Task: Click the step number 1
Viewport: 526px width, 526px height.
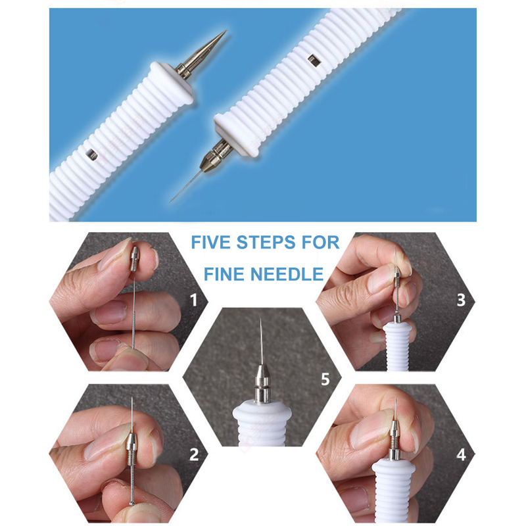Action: [193, 300]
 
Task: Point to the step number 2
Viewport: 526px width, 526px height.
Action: [194, 454]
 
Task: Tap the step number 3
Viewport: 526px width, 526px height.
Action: [462, 300]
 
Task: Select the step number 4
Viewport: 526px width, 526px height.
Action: [462, 454]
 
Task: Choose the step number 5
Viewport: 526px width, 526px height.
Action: [325, 379]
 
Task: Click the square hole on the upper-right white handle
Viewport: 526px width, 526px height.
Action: [314, 60]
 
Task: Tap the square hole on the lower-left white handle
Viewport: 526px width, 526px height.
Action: [91, 155]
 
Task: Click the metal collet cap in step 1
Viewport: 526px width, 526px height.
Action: [135, 258]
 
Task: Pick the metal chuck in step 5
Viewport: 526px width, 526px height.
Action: [261, 383]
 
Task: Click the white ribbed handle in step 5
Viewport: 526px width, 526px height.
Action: [262, 423]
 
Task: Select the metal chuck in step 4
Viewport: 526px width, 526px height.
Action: [395, 440]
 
